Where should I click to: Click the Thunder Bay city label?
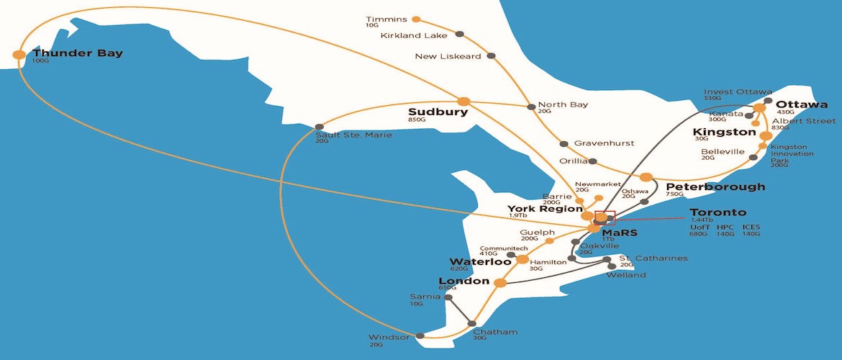click(78, 53)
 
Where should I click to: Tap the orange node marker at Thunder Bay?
click(19, 54)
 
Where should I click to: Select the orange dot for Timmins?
click(415, 19)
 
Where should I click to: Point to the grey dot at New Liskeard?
click(492, 55)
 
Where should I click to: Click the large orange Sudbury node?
click(463, 102)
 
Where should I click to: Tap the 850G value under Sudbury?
click(417, 120)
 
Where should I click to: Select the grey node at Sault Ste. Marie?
click(320, 127)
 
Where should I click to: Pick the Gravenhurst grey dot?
click(563, 143)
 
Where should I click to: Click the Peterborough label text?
click(710, 186)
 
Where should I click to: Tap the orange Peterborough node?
click(646, 177)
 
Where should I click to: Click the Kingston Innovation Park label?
click(789, 153)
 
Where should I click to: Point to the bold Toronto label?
click(718, 212)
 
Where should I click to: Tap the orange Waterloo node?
click(522, 259)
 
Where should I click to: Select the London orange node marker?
click(499, 282)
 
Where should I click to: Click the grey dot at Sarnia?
click(448, 297)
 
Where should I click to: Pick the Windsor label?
click(389, 337)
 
